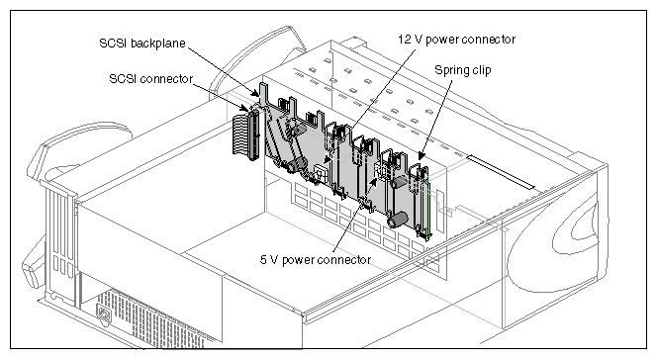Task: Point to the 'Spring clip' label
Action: coord(464,71)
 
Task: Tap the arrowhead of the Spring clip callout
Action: coord(424,158)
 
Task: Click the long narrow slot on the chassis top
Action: coord(500,170)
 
